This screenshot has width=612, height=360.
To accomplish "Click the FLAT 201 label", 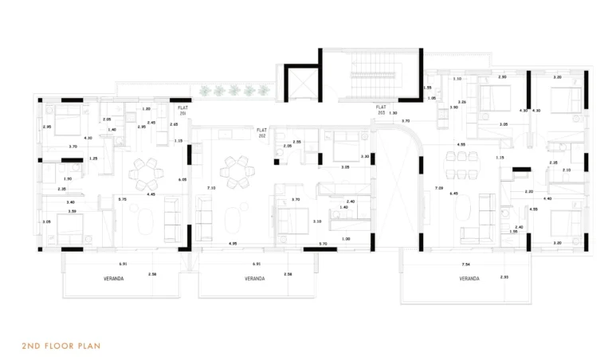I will pyautogui.click(x=183, y=111).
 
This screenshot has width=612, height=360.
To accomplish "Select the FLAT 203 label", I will pyautogui.click(x=383, y=109).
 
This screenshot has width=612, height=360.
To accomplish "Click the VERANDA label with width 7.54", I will pyautogui.click(x=469, y=279).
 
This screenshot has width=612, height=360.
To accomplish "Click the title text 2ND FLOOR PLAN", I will pyautogui.click(x=61, y=346).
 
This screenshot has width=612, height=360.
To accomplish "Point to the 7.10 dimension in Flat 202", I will pyautogui.click(x=210, y=188).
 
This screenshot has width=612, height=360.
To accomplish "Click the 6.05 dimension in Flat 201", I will pyautogui.click(x=182, y=180).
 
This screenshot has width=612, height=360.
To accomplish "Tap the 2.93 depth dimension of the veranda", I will pyautogui.click(x=504, y=277).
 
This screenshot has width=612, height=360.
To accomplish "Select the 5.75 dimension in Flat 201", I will pyautogui.click(x=122, y=198).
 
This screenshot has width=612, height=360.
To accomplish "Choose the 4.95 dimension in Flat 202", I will pyautogui.click(x=232, y=243).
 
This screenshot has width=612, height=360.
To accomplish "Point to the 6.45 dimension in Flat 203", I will pyautogui.click(x=453, y=194).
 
